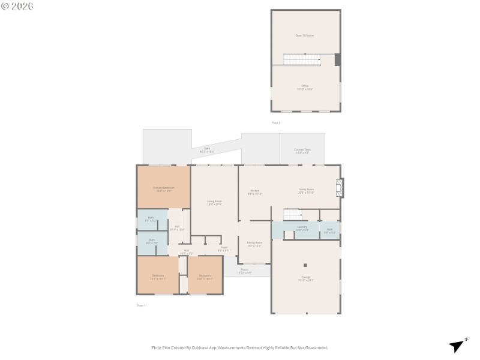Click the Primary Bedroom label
(163, 189)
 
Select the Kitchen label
(255, 192)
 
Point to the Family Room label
(307, 190)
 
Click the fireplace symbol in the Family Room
(340, 187)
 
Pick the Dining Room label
(255, 244)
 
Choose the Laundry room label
(302, 228)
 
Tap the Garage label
(306, 278)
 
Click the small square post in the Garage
(305, 265)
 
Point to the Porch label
(244, 271)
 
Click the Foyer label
(223, 248)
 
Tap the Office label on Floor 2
(305, 87)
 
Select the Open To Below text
(304, 35)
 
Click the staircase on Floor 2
(302, 59)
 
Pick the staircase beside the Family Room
(292, 214)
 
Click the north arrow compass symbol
(457, 345)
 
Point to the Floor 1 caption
(142, 305)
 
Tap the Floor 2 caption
(276, 122)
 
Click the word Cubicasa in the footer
(210, 347)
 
